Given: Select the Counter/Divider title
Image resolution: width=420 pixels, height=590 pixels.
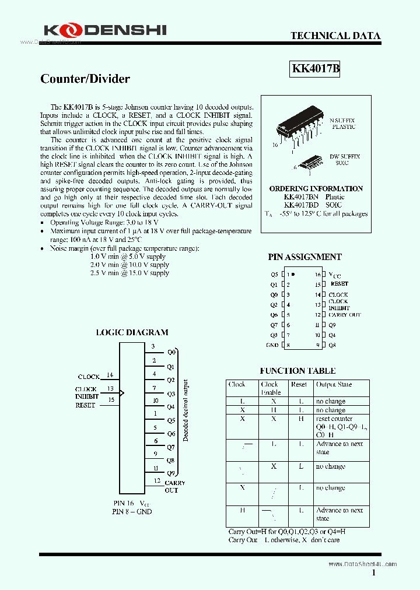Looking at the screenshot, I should pyautogui.click(x=85, y=79).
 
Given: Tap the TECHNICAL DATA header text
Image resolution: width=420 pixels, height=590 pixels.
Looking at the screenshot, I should pyautogui.click(x=335, y=36).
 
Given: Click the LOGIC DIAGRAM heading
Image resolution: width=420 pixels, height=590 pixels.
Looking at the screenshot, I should pyautogui.click(x=132, y=332).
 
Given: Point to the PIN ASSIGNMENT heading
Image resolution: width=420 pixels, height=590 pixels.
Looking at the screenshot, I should pyautogui.click(x=304, y=257).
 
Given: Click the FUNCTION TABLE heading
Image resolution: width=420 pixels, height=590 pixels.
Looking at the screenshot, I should pyautogui.click(x=297, y=371).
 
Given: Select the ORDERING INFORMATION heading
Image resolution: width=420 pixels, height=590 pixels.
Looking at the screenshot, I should pyautogui.click(x=316, y=189).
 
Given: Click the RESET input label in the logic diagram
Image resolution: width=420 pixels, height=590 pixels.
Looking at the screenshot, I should pyautogui.click(x=85, y=405).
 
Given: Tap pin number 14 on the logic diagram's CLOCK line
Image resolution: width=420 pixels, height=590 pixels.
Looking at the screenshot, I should pyautogui.click(x=110, y=375).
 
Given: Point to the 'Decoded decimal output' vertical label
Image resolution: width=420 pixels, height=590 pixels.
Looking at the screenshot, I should pyautogui.click(x=185, y=410).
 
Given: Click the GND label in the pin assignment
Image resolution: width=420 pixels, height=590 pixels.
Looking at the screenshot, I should pyautogui.click(x=272, y=345).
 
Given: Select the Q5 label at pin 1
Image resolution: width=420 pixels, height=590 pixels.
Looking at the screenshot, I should pyautogui.click(x=274, y=274).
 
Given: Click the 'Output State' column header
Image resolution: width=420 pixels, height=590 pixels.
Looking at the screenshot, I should pyautogui.click(x=334, y=385).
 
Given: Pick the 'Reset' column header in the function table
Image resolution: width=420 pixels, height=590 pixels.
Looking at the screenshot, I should pyautogui.click(x=299, y=385).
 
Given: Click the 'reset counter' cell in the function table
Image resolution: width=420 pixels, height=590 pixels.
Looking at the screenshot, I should pyautogui.click(x=334, y=419).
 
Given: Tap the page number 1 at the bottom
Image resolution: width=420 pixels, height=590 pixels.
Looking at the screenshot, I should pyautogui.click(x=374, y=573).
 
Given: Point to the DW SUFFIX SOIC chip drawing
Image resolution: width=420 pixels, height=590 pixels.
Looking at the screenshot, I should pyautogui.click(x=307, y=162).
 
